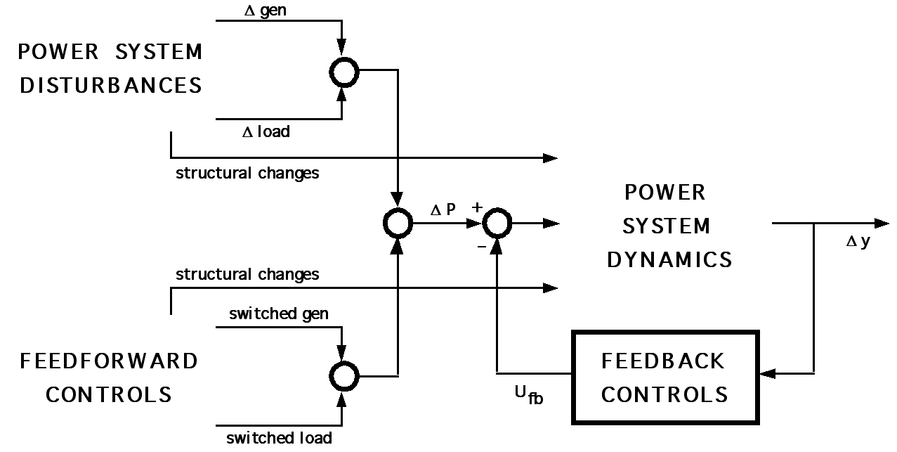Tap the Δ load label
pyautogui.click(x=266, y=131)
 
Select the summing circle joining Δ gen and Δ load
pyautogui.click(x=343, y=71)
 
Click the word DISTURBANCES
pyautogui.click(x=111, y=86)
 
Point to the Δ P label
pyautogui.click(x=443, y=208)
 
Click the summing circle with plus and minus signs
pyautogui.click(x=497, y=224)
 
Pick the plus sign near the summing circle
pyautogui.click(x=478, y=207)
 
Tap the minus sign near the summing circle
pyautogui.click(x=481, y=247)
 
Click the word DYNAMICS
pyautogui.click(x=669, y=260)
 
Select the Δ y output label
pyautogui.click(x=858, y=242)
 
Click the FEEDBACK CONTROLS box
pyautogui.click(x=664, y=377)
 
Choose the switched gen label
pyautogui.click(x=278, y=314)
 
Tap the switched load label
pyautogui.click(x=279, y=438)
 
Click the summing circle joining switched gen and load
pyautogui.click(x=343, y=375)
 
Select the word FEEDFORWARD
pyautogui.click(x=109, y=361)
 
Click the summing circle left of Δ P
pyautogui.click(x=398, y=224)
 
